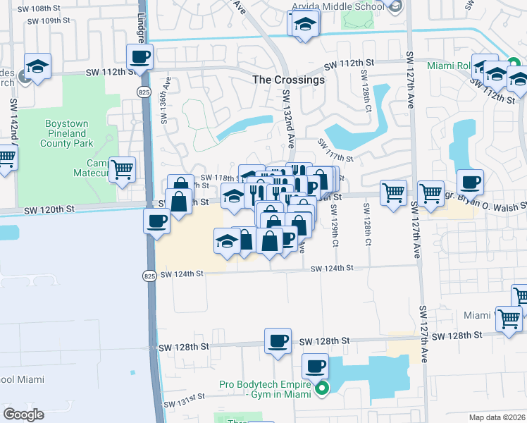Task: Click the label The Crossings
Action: click(x=288, y=80)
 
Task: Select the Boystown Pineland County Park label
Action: click(x=67, y=133)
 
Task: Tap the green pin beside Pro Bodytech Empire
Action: click(x=321, y=387)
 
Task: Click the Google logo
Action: click(x=23, y=415)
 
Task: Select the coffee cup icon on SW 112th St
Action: click(x=139, y=56)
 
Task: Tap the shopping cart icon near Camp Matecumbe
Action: click(x=123, y=168)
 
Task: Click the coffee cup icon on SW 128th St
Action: click(x=278, y=341)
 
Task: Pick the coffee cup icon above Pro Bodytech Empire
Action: click(x=315, y=366)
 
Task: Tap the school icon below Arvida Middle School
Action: click(x=304, y=23)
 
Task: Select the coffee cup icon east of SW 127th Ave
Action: click(x=470, y=182)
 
